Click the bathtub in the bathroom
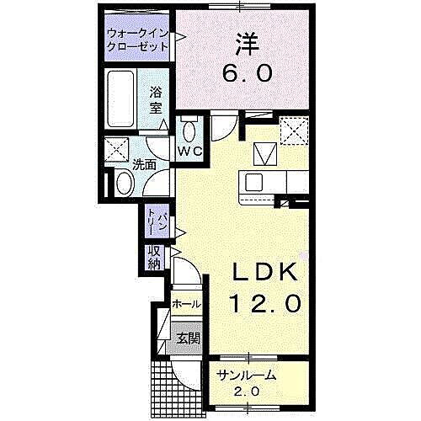pyautogui.click(x=123, y=100)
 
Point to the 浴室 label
pyautogui.click(x=157, y=100)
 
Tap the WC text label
pyautogui.click(x=189, y=152)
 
